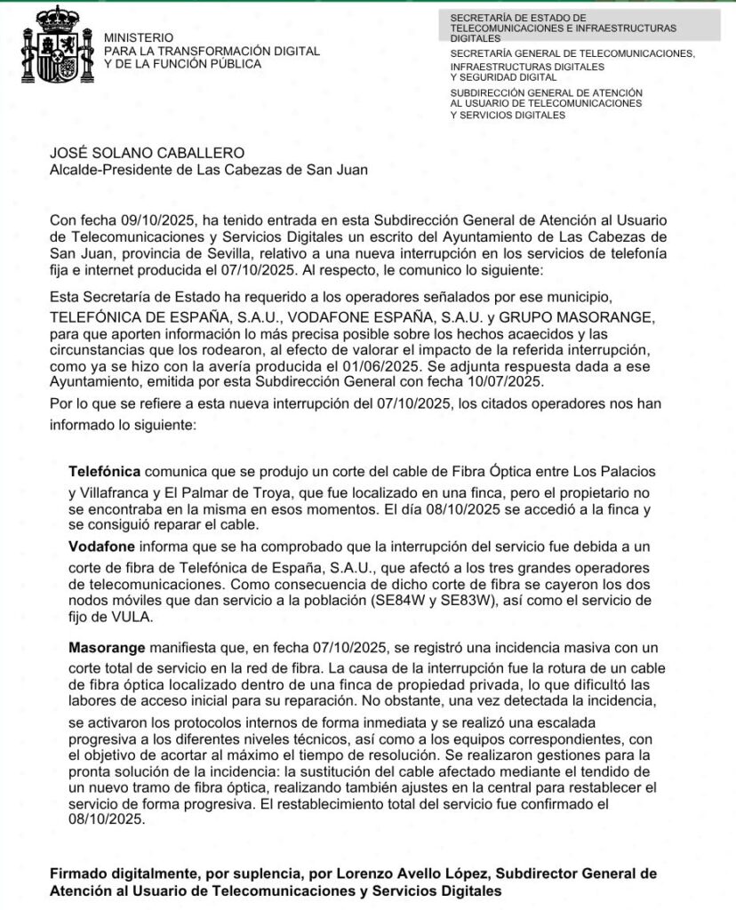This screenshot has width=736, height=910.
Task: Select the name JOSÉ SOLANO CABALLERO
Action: pos(146,154)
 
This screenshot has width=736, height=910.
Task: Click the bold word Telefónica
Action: pos(104,470)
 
